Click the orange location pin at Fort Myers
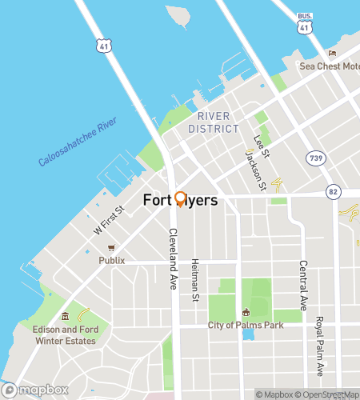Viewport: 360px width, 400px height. click(x=180, y=199)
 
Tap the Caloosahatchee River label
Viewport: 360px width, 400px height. click(x=78, y=142)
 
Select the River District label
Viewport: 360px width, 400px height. click(x=214, y=122)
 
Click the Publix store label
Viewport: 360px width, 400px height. click(x=112, y=260)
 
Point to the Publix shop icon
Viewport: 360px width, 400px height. click(x=112, y=248)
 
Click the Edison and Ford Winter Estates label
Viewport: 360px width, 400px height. click(x=64, y=335)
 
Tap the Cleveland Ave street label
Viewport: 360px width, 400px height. click(x=172, y=259)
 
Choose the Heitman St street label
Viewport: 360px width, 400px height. click(x=194, y=281)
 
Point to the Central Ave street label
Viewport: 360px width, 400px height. click(x=303, y=286)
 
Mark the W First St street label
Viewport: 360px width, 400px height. click(x=109, y=220)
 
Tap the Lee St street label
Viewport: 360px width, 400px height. click(x=260, y=146)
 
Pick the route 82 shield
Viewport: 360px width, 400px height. click(x=332, y=192)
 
